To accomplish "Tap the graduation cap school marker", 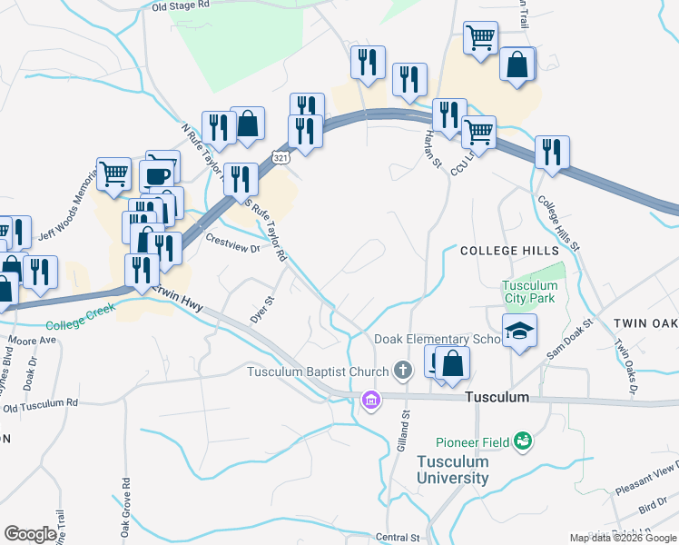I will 520,332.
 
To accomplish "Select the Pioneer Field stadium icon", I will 522,441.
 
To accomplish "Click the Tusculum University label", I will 452,469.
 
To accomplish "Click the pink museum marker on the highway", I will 370,399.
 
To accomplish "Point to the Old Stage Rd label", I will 181,5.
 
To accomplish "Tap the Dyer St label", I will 261,309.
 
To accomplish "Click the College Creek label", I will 77,323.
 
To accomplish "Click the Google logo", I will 31,534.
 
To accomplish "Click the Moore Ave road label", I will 33,342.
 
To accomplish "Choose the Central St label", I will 397,538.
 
